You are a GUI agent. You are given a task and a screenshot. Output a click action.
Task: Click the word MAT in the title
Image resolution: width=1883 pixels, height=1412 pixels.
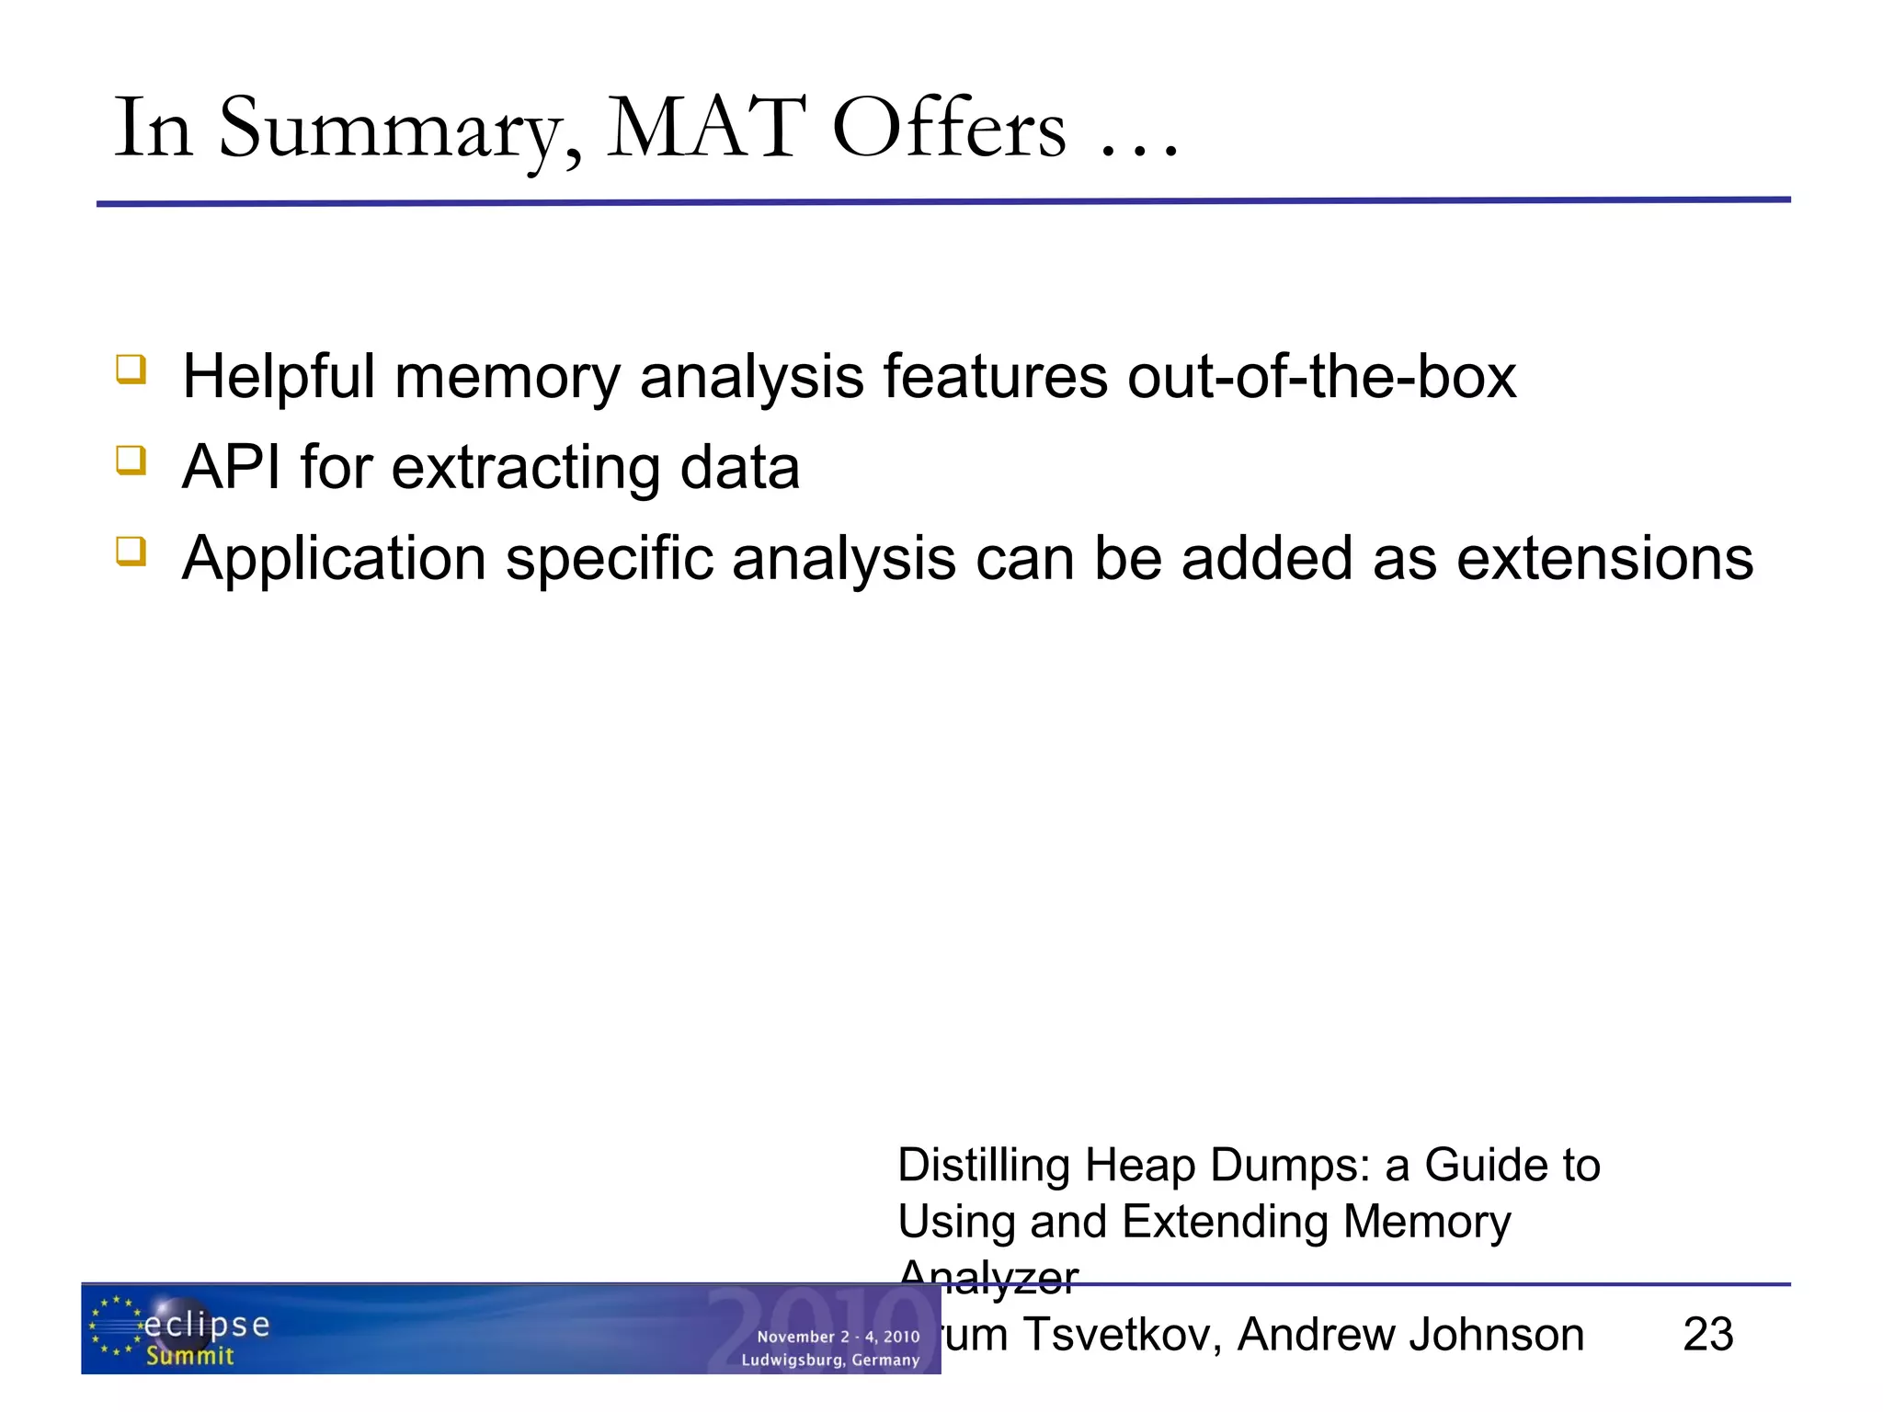[x=706, y=129]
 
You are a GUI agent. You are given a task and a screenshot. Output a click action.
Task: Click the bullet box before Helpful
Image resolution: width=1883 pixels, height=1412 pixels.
[x=131, y=370]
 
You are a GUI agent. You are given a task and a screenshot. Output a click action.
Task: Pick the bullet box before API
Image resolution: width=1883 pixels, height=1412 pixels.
[x=131, y=460]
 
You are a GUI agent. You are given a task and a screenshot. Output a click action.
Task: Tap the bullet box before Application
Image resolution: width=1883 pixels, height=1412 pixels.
[x=131, y=551]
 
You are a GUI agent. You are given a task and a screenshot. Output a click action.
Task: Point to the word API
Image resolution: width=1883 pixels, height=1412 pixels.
[x=231, y=467]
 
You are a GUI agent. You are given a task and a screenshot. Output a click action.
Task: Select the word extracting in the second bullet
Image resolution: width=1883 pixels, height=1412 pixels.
[x=526, y=467]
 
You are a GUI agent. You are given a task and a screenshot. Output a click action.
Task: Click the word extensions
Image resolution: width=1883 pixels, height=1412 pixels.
[x=1605, y=558]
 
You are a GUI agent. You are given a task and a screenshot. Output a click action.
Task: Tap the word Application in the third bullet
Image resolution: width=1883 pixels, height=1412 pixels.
[x=334, y=560]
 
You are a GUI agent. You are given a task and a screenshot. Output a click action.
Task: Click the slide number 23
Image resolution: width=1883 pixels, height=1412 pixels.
[x=1707, y=1334]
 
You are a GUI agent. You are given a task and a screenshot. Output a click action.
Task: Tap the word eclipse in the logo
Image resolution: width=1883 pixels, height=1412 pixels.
[x=207, y=1325]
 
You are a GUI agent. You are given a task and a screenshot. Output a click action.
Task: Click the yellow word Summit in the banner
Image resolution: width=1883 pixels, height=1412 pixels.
[x=190, y=1356]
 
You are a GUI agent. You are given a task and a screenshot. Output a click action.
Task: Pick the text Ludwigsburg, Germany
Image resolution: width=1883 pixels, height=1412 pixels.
[x=830, y=1360]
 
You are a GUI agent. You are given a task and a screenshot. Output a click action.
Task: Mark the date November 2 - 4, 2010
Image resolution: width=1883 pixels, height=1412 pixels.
[x=838, y=1337]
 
